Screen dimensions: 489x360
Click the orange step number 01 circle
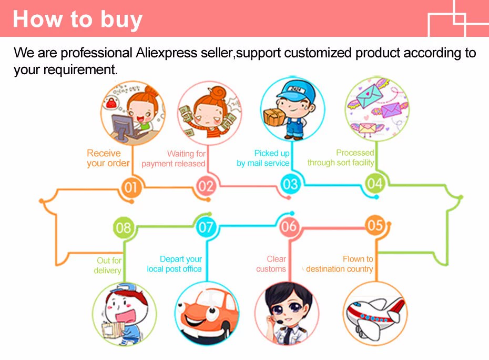point(131,187)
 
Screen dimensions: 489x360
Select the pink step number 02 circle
point(206,186)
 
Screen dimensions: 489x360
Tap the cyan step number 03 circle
point(290,184)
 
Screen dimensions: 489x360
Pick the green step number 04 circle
point(374,184)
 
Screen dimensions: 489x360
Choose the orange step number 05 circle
point(374,225)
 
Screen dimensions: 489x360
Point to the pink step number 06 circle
point(289,226)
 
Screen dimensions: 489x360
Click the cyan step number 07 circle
point(206,227)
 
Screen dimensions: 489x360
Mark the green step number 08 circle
point(123,227)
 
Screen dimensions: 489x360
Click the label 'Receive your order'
point(108,158)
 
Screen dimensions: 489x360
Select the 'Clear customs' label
point(271,264)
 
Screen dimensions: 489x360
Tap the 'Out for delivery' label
point(108,265)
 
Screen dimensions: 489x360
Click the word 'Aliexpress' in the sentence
point(166,53)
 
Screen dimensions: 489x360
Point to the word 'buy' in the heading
point(121,20)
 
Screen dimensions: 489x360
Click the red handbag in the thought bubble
point(111,103)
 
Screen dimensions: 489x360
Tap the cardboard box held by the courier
point(274,116)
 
